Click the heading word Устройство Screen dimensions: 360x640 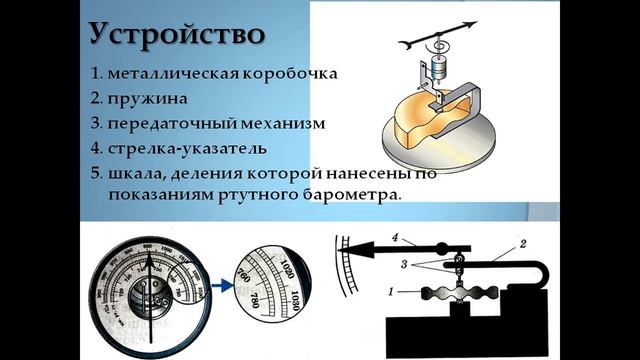[x=177, y=32]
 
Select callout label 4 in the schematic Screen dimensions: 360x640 [x=396, y=238]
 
